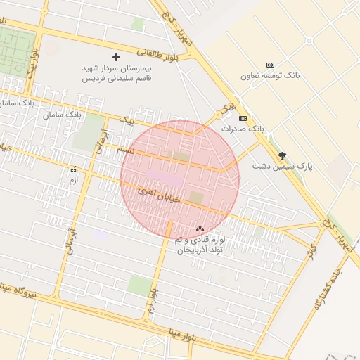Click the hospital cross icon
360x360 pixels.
tap(116, 56)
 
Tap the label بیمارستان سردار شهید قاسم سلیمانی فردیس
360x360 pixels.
tap(115, 74)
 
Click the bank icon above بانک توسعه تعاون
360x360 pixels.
tap(271, 65)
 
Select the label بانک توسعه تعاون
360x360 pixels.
tap(270, 75)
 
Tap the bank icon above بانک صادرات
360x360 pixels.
tap(243, 118)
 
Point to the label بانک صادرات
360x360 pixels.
tap(242, 129)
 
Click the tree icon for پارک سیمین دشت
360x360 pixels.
tap(283, 155)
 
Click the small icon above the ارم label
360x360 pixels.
tap(73, 169)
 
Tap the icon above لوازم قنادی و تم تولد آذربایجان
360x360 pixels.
tap(200, 229)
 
